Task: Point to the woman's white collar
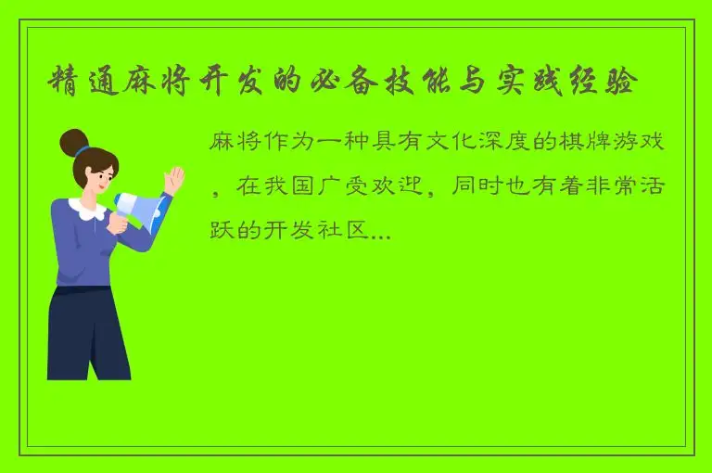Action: pyautogui.click(x=89, y=210)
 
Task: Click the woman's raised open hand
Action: pyautogui.click(x=173, y=177)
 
